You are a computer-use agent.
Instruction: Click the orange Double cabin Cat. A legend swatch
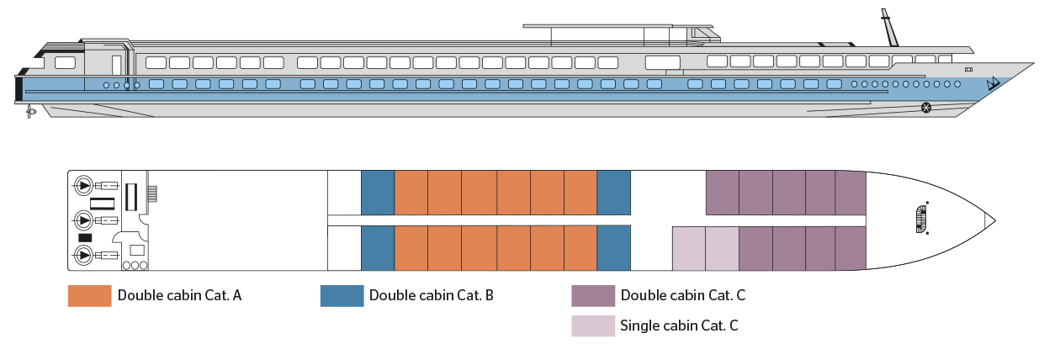point(89,296)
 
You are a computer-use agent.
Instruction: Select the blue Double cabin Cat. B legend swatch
point(342,296)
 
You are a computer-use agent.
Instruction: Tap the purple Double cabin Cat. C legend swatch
point(593,296)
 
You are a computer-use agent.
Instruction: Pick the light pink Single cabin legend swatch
point(593,326)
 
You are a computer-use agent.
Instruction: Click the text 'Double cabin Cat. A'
point(179,296)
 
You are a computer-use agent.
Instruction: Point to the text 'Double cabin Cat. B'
point(431,296)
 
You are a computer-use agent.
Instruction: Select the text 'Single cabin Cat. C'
point(679,326)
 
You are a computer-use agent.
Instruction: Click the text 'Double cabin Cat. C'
point(683,296)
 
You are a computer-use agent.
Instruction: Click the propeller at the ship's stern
point(31,112)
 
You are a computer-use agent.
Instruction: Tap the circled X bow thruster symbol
point(926,108)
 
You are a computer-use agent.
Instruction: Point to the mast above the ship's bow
point(889,28)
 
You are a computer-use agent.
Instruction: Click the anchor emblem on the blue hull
point(993,84)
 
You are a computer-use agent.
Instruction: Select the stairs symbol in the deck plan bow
point(922,220)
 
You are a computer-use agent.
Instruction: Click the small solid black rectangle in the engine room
point(85,237)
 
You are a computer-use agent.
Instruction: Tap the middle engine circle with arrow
point(84,220)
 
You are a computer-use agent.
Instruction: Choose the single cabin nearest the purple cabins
point(722,248)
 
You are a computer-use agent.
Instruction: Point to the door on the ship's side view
point(116,66)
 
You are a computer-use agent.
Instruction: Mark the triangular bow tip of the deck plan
point(989,220)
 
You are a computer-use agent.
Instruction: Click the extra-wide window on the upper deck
point(663,62)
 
